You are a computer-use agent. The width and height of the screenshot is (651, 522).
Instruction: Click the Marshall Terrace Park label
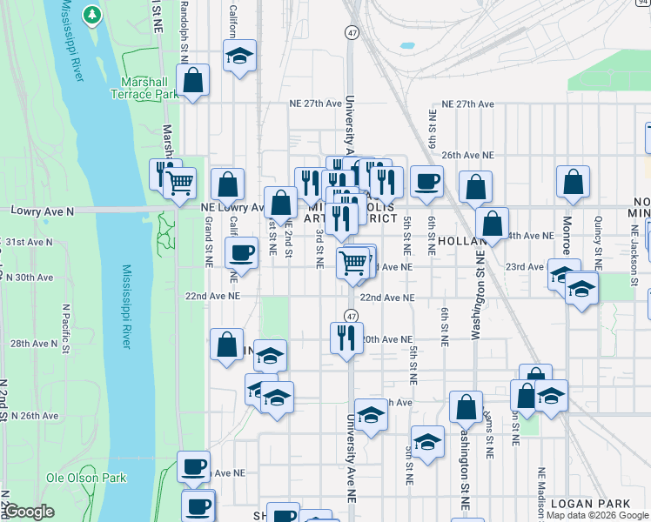point(144,88)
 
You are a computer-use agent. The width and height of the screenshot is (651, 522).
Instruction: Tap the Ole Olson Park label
point(86,478)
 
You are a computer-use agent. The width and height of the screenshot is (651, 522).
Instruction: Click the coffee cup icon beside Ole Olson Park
point(194,465)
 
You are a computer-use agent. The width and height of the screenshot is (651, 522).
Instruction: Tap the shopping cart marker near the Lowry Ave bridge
point(180,182)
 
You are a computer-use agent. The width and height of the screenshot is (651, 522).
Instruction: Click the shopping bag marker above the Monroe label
point(574,182)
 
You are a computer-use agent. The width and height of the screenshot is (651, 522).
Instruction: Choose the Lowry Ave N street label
point(41,211)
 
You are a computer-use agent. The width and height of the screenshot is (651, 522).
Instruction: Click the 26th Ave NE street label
point(467,155)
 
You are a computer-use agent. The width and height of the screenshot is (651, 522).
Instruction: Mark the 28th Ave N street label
point(34,345)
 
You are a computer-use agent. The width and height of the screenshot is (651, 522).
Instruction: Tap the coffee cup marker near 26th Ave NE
point(426,181)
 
